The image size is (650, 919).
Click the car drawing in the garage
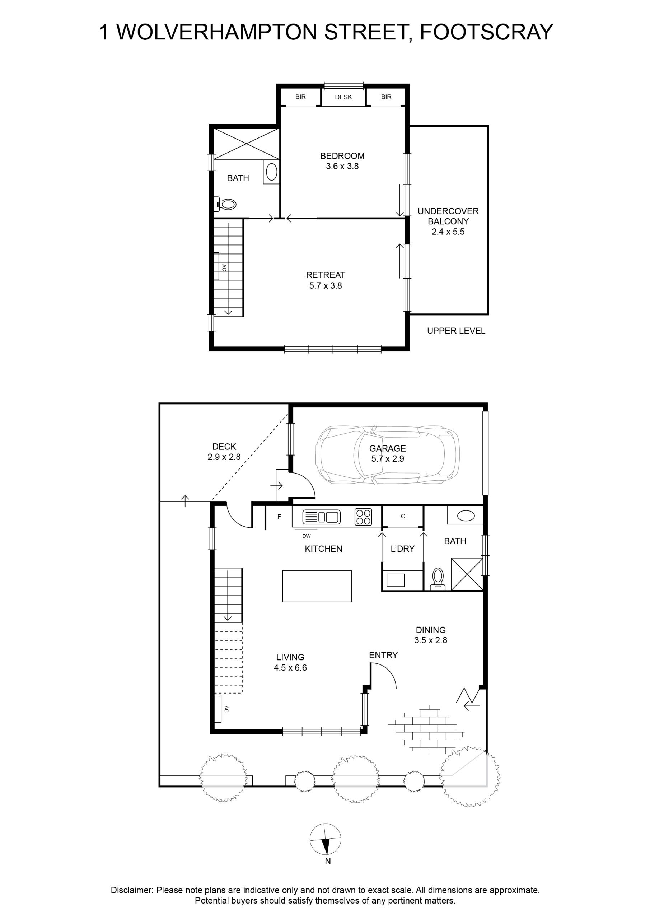[387, 455]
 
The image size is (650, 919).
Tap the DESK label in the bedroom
[343, 97]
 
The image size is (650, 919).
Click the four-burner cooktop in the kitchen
[363, 516]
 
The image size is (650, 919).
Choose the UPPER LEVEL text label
[456, 331]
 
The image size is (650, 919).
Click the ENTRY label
[383, 655]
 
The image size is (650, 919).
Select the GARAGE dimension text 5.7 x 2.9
[387, 459]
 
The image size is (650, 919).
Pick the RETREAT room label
[326, 275]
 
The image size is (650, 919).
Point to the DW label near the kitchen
[307, 536]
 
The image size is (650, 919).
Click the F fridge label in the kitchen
[279, 517]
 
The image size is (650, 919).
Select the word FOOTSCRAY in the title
[486, 32]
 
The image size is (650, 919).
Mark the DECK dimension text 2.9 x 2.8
[224, 457]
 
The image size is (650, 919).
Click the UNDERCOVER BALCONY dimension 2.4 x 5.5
[448, 232]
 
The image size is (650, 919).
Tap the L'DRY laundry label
[403, 549]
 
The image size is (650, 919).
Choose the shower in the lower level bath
[467, 574]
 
